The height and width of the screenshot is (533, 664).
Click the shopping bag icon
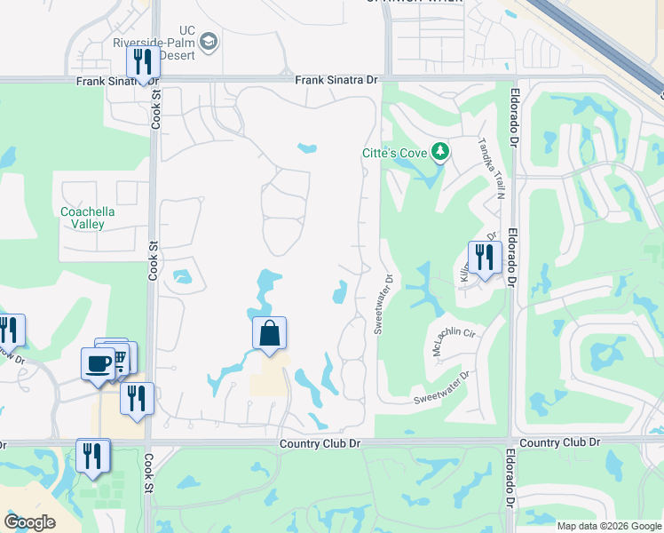click(x=270, y=334)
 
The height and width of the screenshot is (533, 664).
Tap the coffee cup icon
click(x=97, y=362)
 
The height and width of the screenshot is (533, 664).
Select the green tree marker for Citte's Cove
click(x=439, y=153)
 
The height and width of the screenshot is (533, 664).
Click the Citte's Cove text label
click(x=393, y=153)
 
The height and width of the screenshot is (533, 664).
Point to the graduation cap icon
click(x=209, y=41)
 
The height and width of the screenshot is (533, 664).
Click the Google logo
click(x=29, y=522)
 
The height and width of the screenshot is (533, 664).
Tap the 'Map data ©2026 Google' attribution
click(x=609, y=526)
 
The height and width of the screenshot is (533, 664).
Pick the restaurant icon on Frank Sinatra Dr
click(x=141, y=62)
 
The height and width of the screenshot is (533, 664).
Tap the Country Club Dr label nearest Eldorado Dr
click(x=559, y=442)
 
